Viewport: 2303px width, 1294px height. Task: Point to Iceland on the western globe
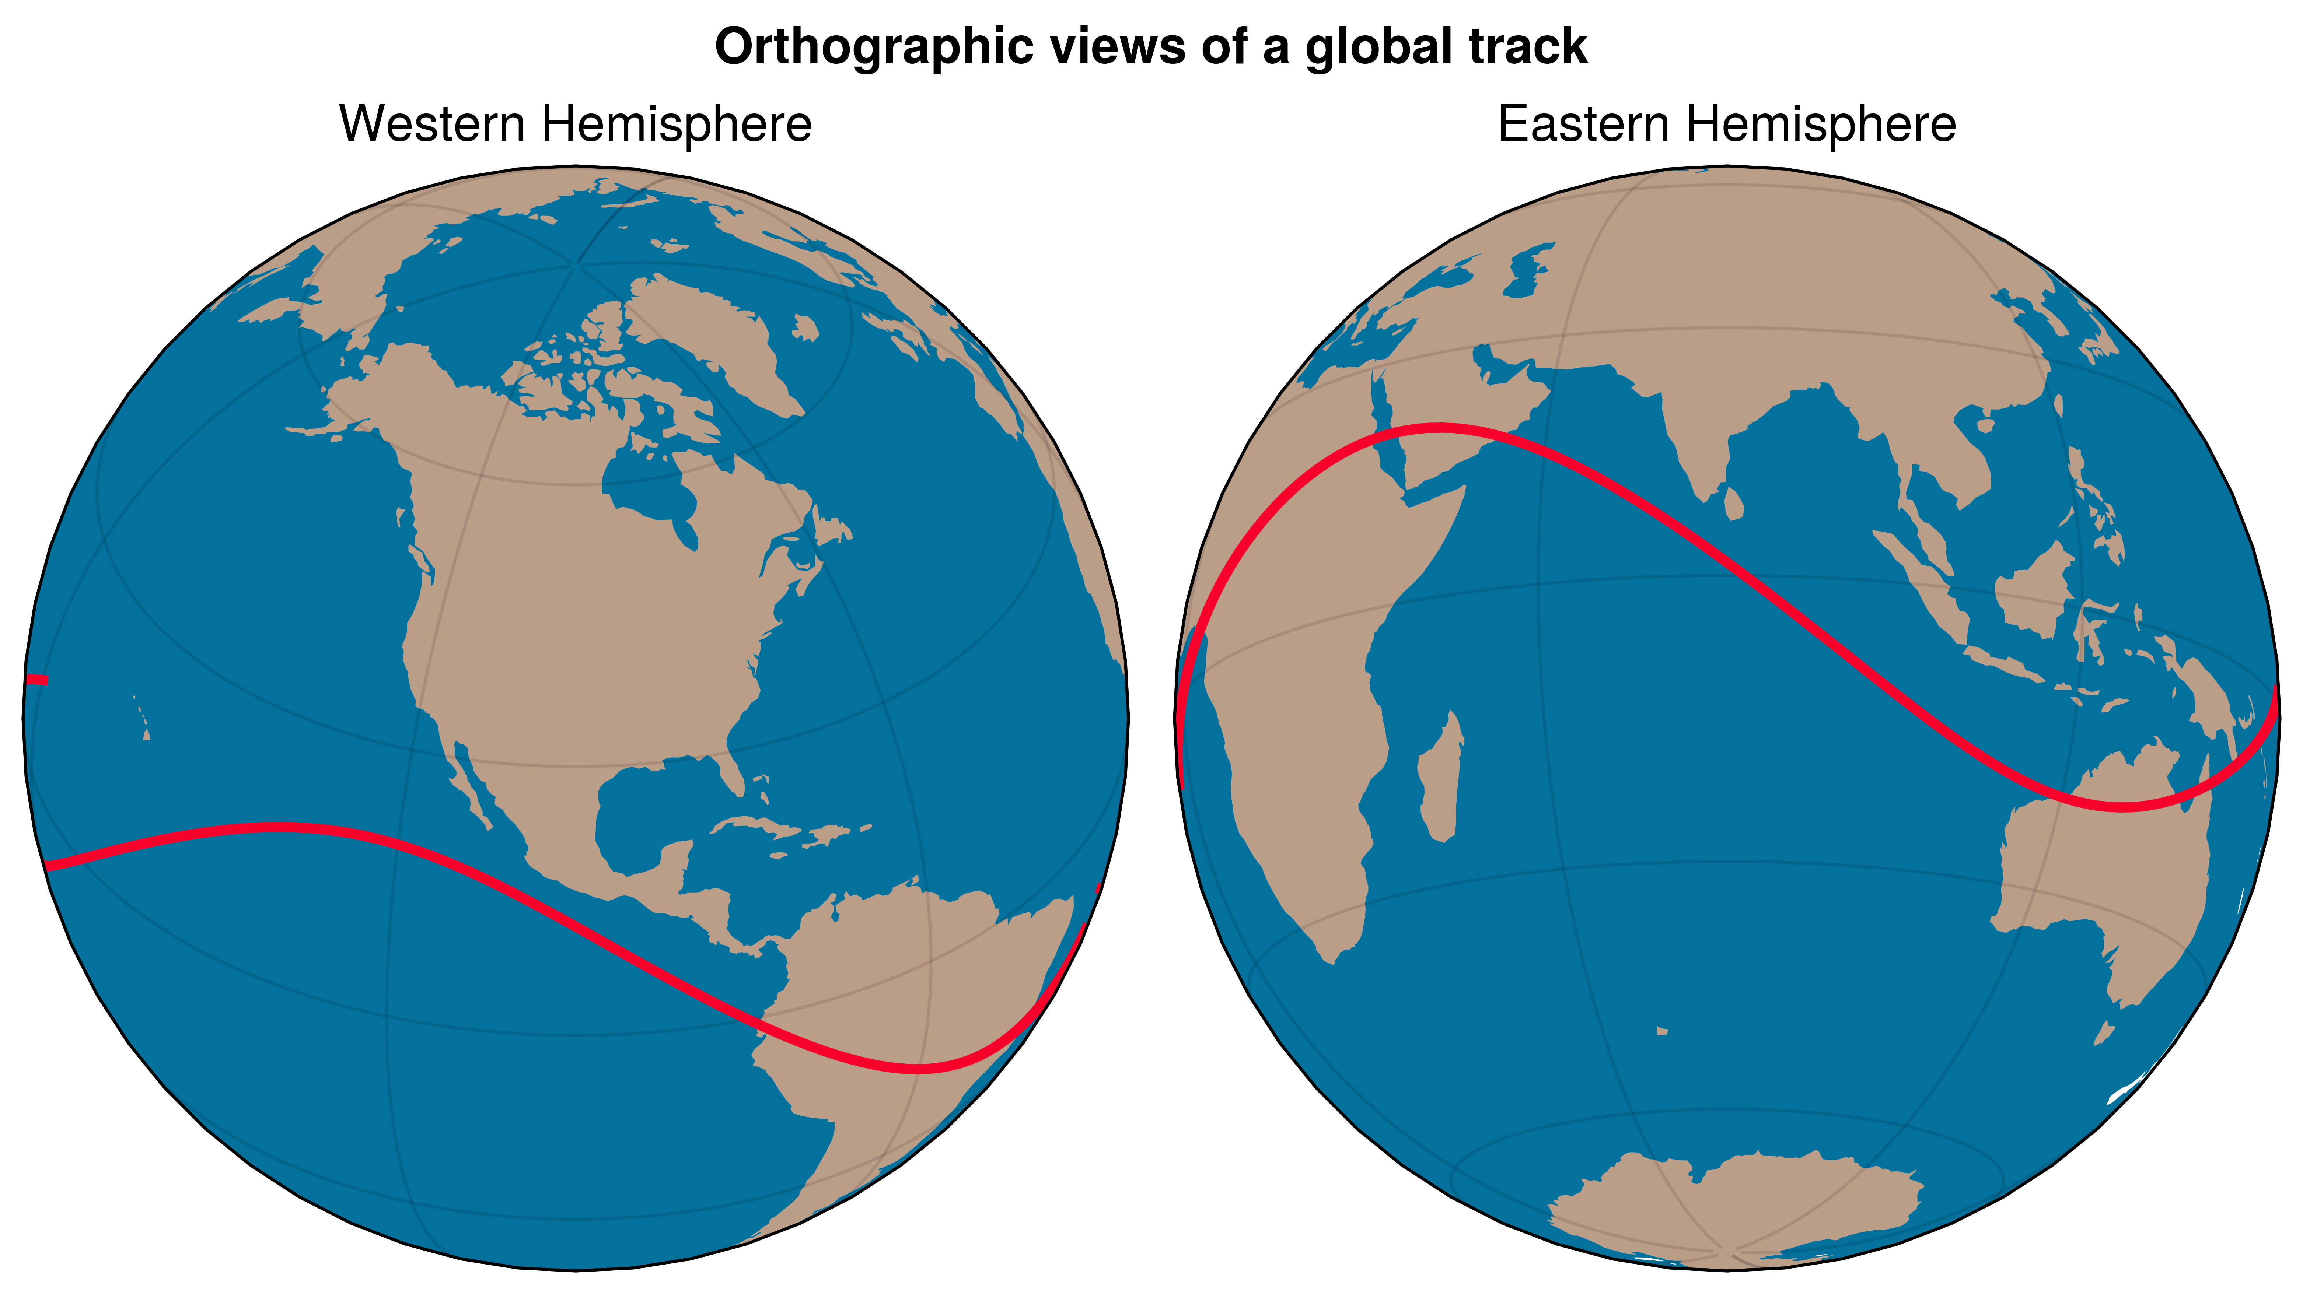[805, 328]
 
